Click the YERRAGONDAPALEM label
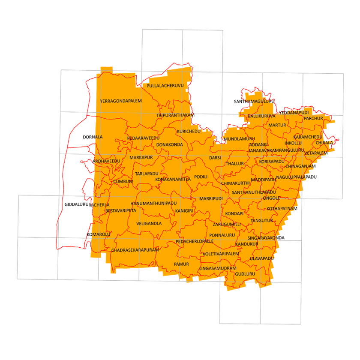(x=120, y=101)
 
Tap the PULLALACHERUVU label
(x=165, y=86)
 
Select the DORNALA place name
(x=93, y=137)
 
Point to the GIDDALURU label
(x=76, y=204)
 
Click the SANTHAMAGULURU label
(x=254, y=102)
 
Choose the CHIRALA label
(x=324, y=143)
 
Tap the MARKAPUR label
(x=141, y=158)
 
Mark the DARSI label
(x=215, y=158)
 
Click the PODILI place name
(x=201, y=177)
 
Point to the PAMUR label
(x=181, y=264)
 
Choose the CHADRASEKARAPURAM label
(x=135, y=250)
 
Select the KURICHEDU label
(x=189, y=131)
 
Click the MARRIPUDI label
(x=211, y=199)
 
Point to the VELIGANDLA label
(x=149, y=224)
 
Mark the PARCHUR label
(x=313, y=118)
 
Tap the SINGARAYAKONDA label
(x=266, y=238)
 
